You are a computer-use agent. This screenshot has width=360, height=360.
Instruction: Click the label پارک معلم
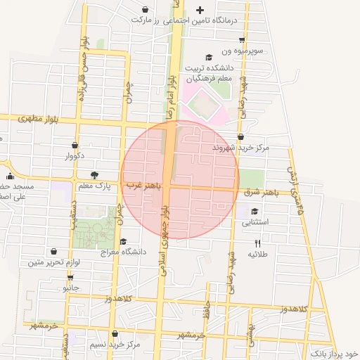(94, 186)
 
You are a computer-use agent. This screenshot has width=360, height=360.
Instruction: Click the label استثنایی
(255, 222)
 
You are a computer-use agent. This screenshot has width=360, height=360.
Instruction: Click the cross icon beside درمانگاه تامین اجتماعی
(200, 10)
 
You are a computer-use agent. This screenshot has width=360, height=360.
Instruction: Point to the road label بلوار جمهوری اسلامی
(164, 239)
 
